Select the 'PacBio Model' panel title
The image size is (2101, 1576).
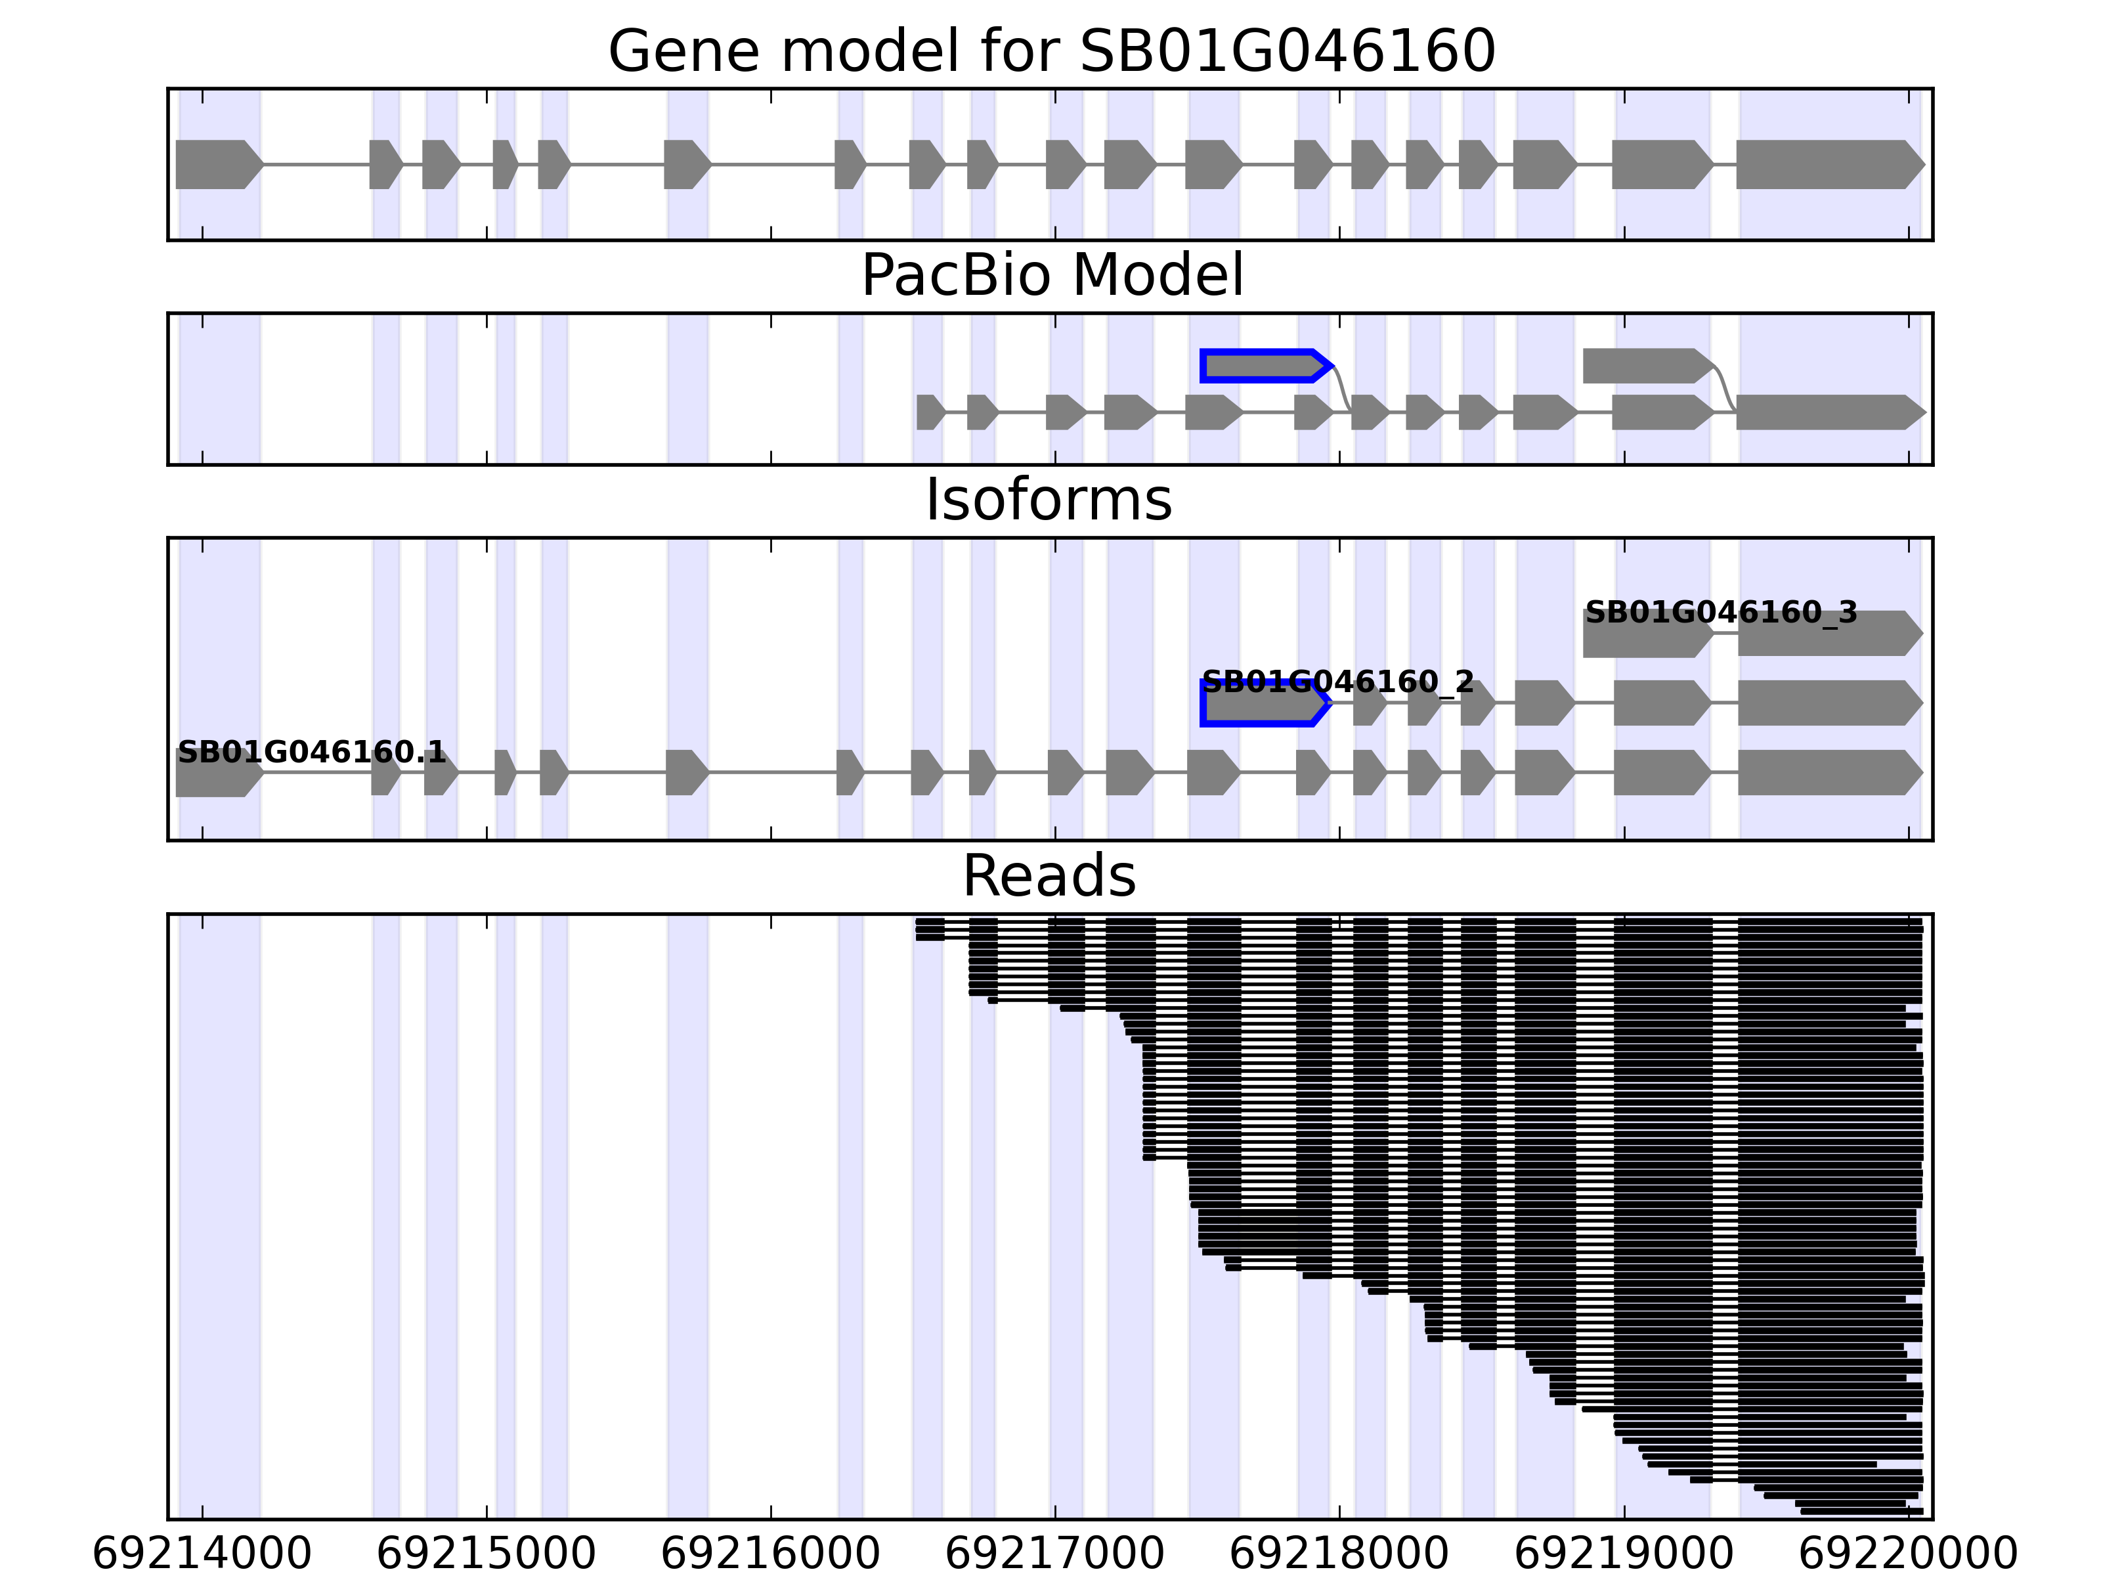point(1051,276)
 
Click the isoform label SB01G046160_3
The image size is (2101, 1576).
point(1720,613)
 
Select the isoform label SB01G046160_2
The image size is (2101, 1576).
point(1337,682)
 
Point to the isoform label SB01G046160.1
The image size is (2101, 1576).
point(312,753)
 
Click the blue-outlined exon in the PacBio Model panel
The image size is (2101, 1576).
point(1263,366)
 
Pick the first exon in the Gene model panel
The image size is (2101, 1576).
point(217,164)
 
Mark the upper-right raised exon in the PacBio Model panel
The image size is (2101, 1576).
point(1646,366)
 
